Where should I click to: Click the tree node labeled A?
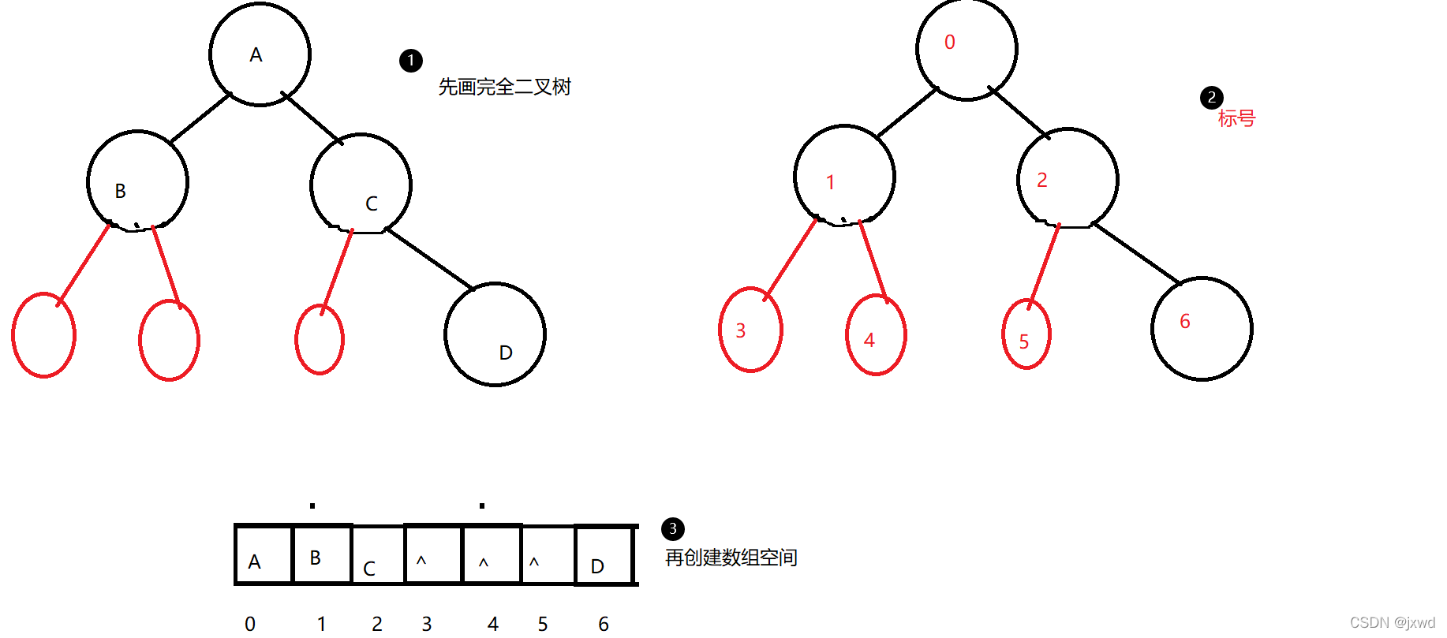click(260, 54)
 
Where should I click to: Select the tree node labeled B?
click(137, 181)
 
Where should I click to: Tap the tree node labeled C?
click(361, 185)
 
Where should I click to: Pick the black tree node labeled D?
click(495, 334)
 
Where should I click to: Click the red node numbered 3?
click(750, 330)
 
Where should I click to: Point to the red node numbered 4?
click(876, 335)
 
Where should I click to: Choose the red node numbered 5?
click(1026, 334)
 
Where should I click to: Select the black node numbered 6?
click(1201, 328)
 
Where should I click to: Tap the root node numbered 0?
click(967, 49)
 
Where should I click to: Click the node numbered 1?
click(844, 176)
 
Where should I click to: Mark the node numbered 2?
click(1067, 178)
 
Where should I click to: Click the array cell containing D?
click(604, 556)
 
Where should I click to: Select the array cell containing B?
click(322, 554)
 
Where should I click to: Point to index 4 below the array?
click(493, 624)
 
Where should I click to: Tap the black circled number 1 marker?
click(411, 61)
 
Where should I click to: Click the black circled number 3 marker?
click(672, 528)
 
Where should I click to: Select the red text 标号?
click(1236, 118)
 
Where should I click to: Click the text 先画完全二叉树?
click(504, 87)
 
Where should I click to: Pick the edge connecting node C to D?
click(429, 259)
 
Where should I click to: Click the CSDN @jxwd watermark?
click(1392, 622)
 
